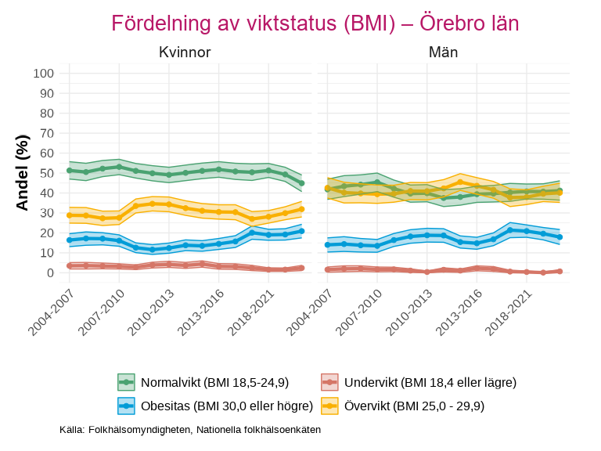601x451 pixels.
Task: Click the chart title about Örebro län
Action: pyautogui.click(x=315, y=23)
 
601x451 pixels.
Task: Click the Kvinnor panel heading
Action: pyautogui.click(x=185, y=52)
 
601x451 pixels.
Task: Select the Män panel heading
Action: pyautogui.click(x=443, y=52)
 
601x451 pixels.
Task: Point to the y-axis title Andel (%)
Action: pyautogui.click(x=23, y=172)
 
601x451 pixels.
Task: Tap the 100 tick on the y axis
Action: pyautogui.click(x=44, y=74)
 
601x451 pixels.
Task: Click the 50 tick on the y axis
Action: pyautogui.click(x=47, y=173)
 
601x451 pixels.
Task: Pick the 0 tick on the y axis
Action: pyautogui.click(x=50, y=272)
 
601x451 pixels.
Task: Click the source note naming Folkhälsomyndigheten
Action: pyautogui.click(x=190, y=430)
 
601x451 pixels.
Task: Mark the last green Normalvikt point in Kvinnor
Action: pyautogui.click(x=301, y=183)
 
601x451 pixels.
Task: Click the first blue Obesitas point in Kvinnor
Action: pyautogui.click(x=69, y=240)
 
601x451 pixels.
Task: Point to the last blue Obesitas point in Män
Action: pyautogui.click(x=560, y=236)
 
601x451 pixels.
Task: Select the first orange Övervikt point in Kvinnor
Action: pyautogui.click(x=69, y=215)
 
